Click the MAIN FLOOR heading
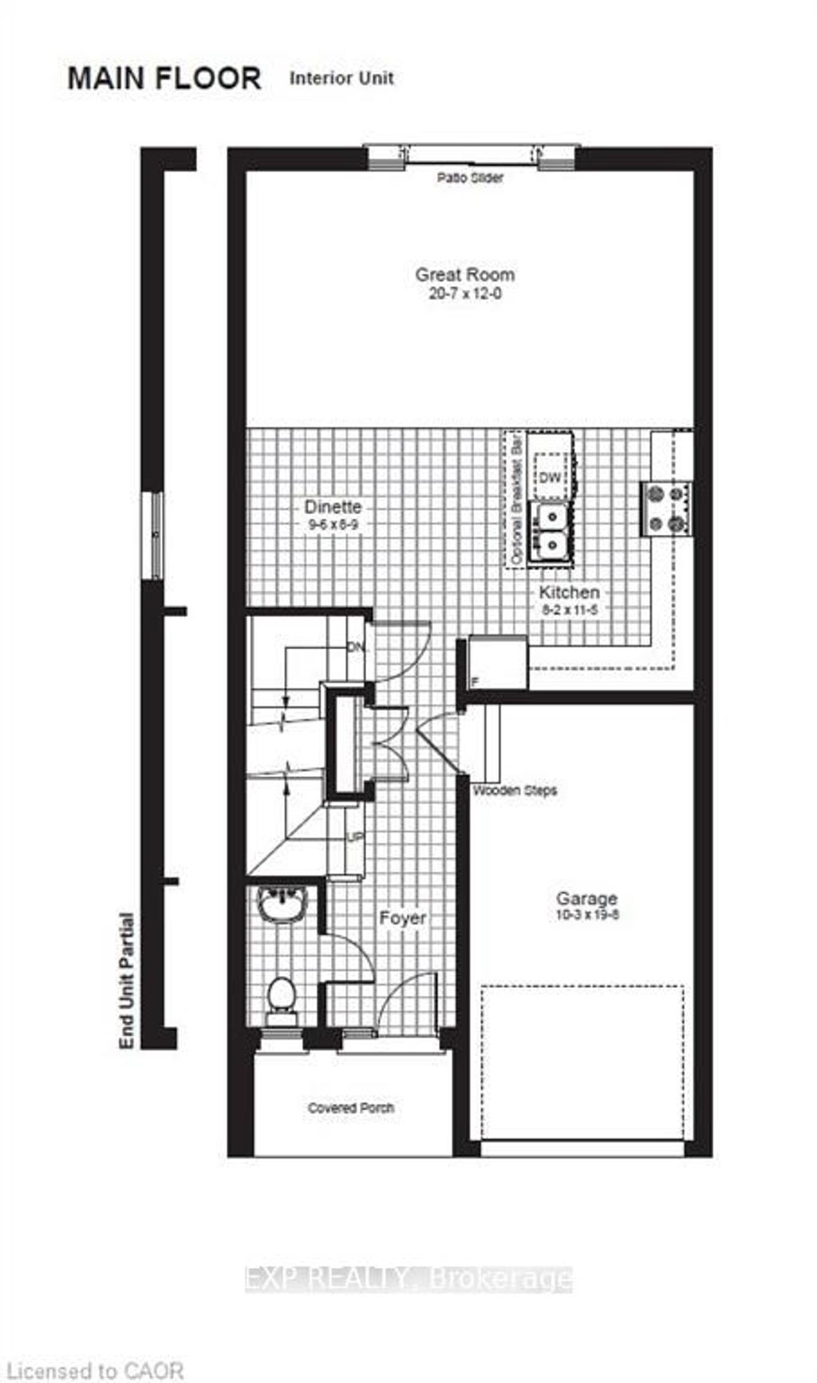[x=164, y=78]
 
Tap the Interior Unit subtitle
[x=341, y=78]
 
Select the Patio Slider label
[x=470, y=177]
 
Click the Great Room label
[x=464, y=274]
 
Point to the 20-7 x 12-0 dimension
[x=464, y=293]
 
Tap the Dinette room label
[x=333, y=506]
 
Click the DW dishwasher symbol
[x=551, y=478]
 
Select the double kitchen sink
[x=551, y=530]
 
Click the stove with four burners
[x=667, y=509]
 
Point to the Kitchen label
[x=569, y=592]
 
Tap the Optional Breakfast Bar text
[x=515, y=500]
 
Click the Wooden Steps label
[x=515, y=791]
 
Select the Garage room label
[x=587, y=898]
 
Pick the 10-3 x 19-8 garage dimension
[x=587, y=915]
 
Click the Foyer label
[x=403, y=918]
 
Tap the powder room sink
[x=280, y=906]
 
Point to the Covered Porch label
[x=351, y=1108]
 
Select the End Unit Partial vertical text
[x=126, y=980]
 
